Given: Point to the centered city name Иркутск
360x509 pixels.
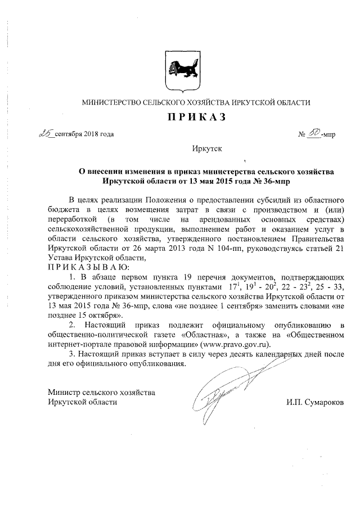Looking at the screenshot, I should click(207, 149).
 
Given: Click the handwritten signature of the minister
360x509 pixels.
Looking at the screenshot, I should click(225, 394).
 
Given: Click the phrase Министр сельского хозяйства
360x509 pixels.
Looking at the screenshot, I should click(102, 392).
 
